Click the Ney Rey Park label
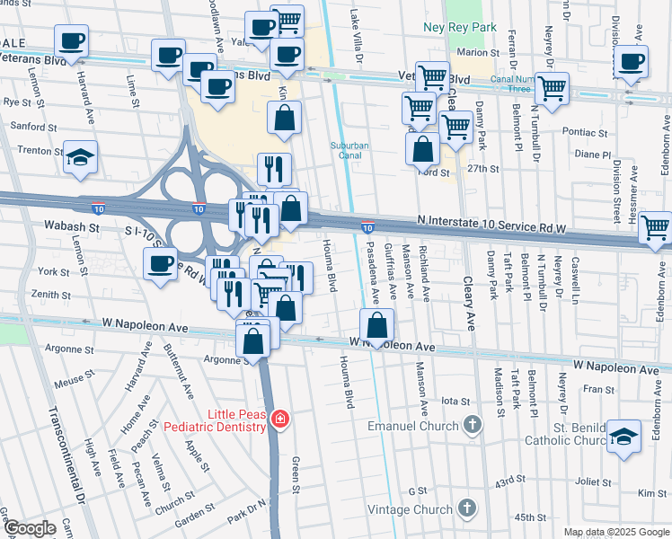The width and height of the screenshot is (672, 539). click(x=460, y=28)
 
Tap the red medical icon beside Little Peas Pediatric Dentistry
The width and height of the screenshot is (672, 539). click(x=280, y=419)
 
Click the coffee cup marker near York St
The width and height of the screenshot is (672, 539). click(x=160, y=263)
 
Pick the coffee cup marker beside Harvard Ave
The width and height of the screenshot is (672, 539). click(x=71, y=40)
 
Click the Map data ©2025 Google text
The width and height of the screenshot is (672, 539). click(x=615, y=532)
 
